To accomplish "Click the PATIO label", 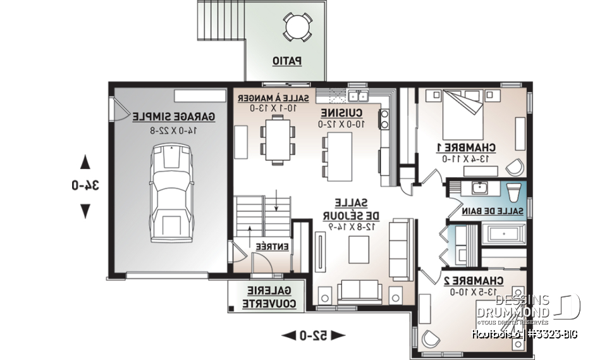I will pos(286,61).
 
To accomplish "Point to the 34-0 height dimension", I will pos(84,185).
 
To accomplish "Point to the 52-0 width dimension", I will pos(313,335).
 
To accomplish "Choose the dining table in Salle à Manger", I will pos(278,141).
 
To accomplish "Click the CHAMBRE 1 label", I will pos(465,147).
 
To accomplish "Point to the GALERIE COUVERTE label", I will pos(266,297).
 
